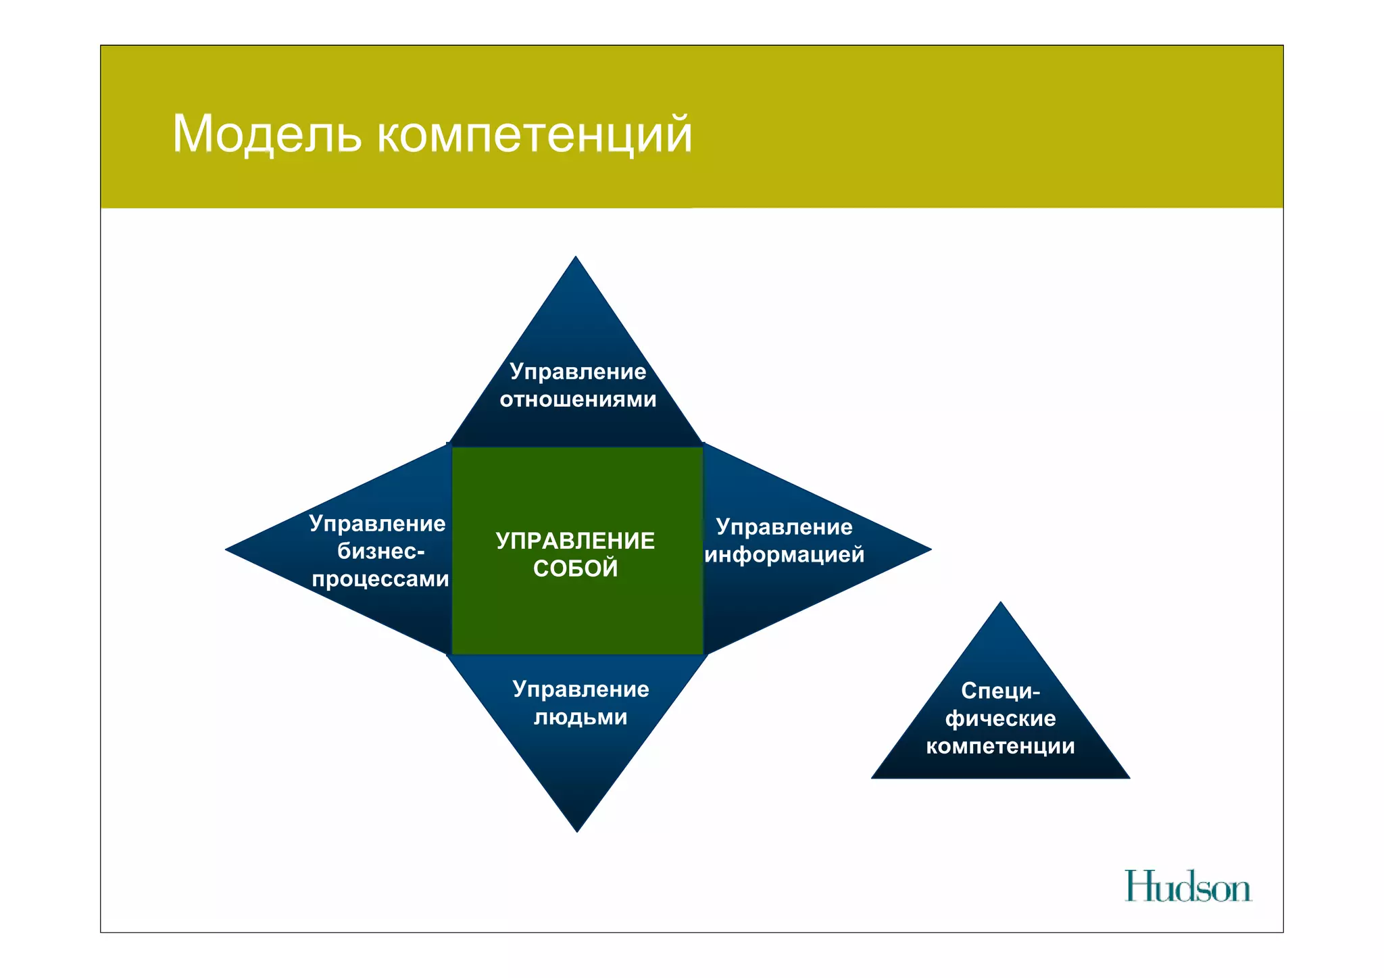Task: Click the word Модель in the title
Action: coord(266,134)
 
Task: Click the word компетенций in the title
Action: coord(534,135)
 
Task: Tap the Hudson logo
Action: coord(1187,887)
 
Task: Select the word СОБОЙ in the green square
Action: coord(575,568)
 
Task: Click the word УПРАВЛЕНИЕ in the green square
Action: coord(575,541)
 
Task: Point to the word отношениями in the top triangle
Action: coord(578,399)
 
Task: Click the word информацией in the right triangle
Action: coord(785,555)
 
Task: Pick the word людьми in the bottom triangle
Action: coord(580,716)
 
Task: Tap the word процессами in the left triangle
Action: coord(380,579)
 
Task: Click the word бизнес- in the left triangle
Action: coord(381,552)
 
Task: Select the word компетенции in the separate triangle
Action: coord(1000,746)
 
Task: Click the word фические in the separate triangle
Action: coord(1000,718)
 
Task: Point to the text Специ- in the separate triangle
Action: coord(1000,691)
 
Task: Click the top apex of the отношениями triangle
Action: coord(576,259)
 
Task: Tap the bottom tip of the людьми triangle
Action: coord(577,829)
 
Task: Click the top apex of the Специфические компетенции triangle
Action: coord(1001,604)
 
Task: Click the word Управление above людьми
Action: coord(580,689)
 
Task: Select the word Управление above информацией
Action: coord(785,527)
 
